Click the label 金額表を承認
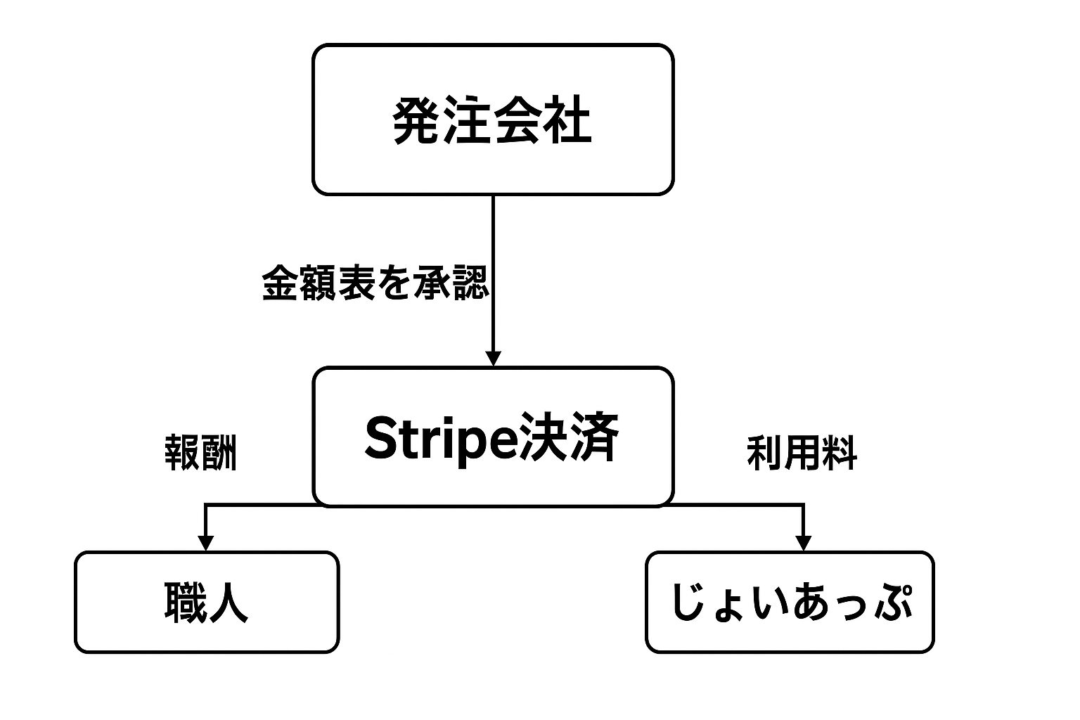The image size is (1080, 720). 375,283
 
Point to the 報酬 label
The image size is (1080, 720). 200,452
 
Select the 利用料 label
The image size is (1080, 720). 802,452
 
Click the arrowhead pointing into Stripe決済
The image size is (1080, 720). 493,358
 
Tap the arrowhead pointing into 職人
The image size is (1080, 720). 205,543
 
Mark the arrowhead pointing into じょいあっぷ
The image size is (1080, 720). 803,543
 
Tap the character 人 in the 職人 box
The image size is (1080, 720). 228,603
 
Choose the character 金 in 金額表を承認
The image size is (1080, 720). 280,283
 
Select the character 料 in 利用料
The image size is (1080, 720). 840,452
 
